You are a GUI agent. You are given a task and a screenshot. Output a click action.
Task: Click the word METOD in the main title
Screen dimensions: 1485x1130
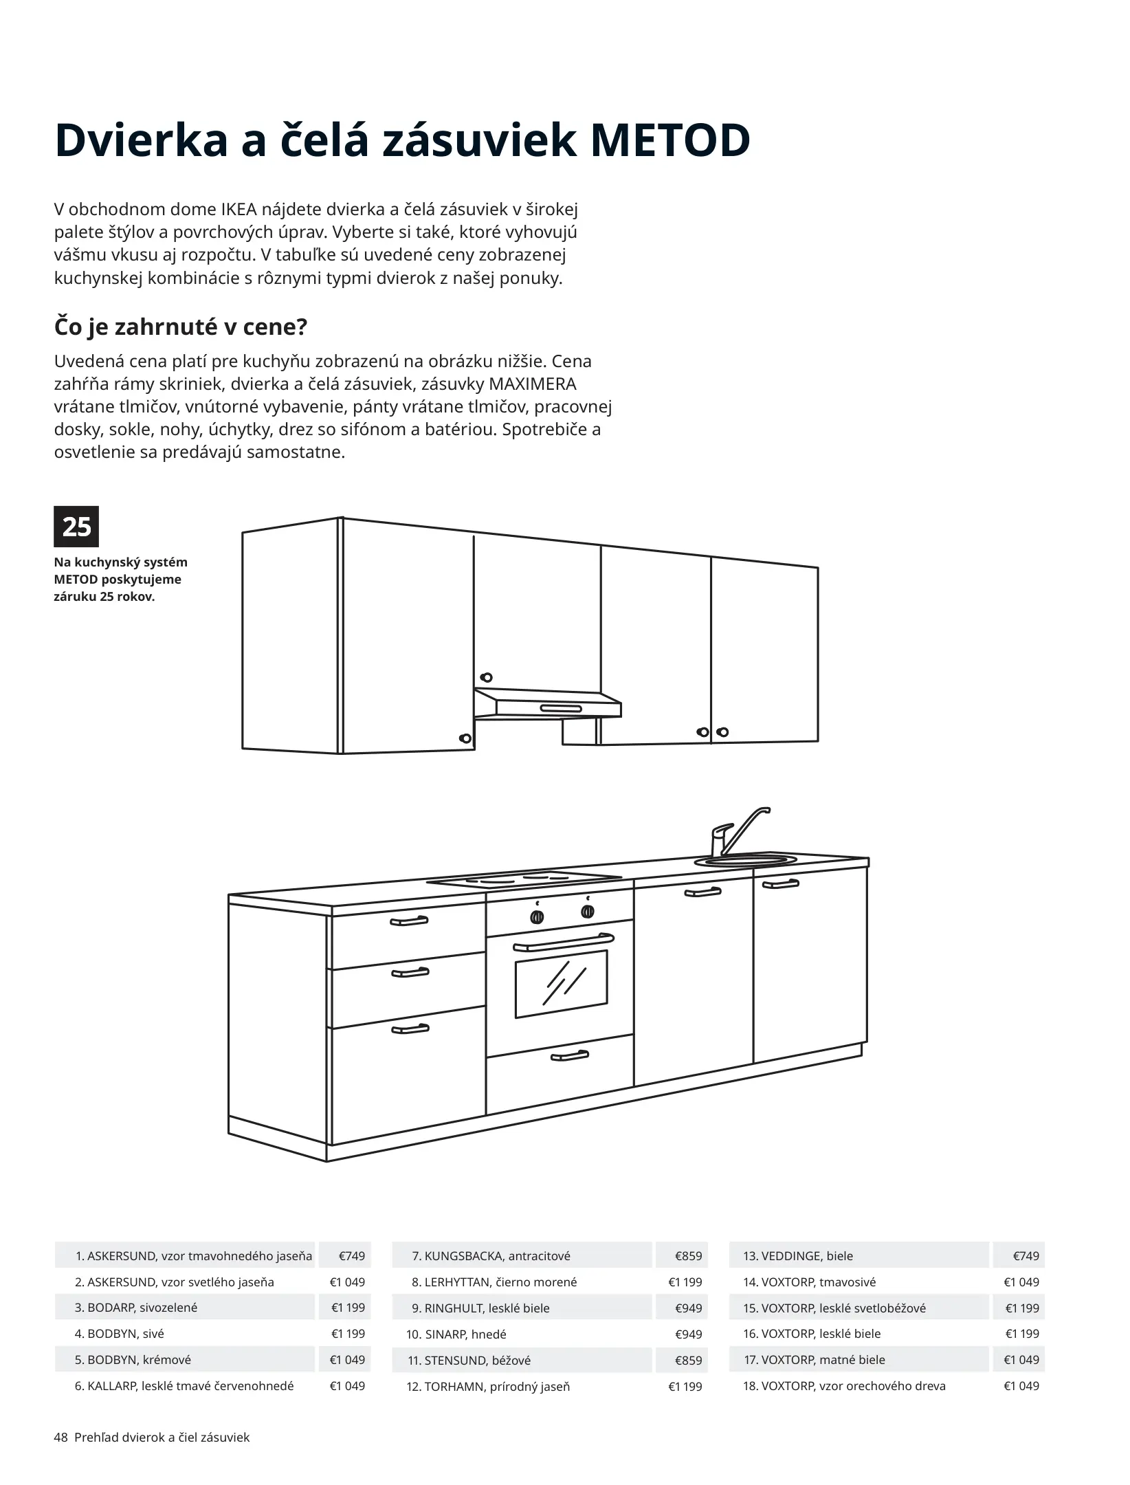[x=669, y=141]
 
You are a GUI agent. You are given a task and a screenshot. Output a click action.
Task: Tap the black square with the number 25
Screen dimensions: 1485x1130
[x=76, y=527]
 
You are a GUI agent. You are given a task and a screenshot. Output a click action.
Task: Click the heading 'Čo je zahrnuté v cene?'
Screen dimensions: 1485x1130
[x=180, y=327]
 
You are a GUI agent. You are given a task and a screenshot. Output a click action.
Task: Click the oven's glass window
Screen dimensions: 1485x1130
[x=561, y=984]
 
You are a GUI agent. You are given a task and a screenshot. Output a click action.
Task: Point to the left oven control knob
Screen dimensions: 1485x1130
[x=538, y=916]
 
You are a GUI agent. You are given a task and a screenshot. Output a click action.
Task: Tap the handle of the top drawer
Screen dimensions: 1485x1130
[x=409, y=921]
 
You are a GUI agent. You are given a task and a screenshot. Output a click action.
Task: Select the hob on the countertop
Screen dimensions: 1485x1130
[x=524, y=879]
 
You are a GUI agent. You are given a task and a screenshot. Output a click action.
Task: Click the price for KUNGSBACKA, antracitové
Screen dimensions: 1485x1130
[x=688, y=1256]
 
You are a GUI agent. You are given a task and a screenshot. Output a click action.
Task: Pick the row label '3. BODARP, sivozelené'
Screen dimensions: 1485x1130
[x=136, y=1308]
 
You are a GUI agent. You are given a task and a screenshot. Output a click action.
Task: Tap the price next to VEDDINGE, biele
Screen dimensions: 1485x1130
[x=1026, y=1256]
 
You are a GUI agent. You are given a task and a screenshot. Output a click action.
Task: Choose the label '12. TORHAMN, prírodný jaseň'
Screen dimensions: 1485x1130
[x=488, y=1387]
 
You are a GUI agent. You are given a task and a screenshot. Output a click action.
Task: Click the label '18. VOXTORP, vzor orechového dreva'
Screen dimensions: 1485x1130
[x=844, y=1386]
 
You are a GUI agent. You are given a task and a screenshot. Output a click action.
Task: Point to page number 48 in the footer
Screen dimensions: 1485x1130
[x=60, y=1438]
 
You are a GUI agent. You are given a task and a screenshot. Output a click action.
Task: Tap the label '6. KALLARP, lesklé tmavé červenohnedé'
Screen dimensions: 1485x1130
[x=184, y=1386]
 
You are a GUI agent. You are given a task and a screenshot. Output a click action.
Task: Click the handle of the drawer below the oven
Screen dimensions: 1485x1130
[x=570, y=1055]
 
